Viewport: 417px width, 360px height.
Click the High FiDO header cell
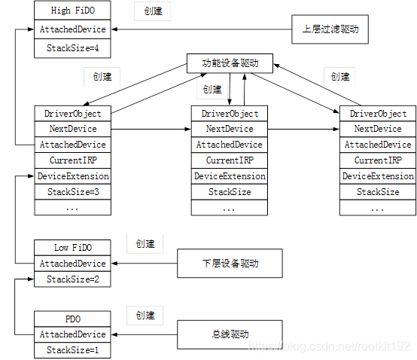72,11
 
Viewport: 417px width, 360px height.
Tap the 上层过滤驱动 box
330,30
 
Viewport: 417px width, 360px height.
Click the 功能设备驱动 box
230,63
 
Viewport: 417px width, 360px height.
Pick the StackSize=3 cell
73,192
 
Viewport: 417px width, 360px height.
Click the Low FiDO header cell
73,247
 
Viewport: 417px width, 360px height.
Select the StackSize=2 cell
73,279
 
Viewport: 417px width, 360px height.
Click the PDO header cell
73,319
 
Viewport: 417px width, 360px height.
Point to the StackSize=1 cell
73,350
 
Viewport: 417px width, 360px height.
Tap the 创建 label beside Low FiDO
145,244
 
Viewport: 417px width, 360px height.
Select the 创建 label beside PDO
145,314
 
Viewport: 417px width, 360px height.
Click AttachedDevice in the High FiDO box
72,30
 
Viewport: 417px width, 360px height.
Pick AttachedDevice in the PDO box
72,334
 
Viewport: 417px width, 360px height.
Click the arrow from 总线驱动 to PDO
143,334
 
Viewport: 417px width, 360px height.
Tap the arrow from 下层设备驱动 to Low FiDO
143,264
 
